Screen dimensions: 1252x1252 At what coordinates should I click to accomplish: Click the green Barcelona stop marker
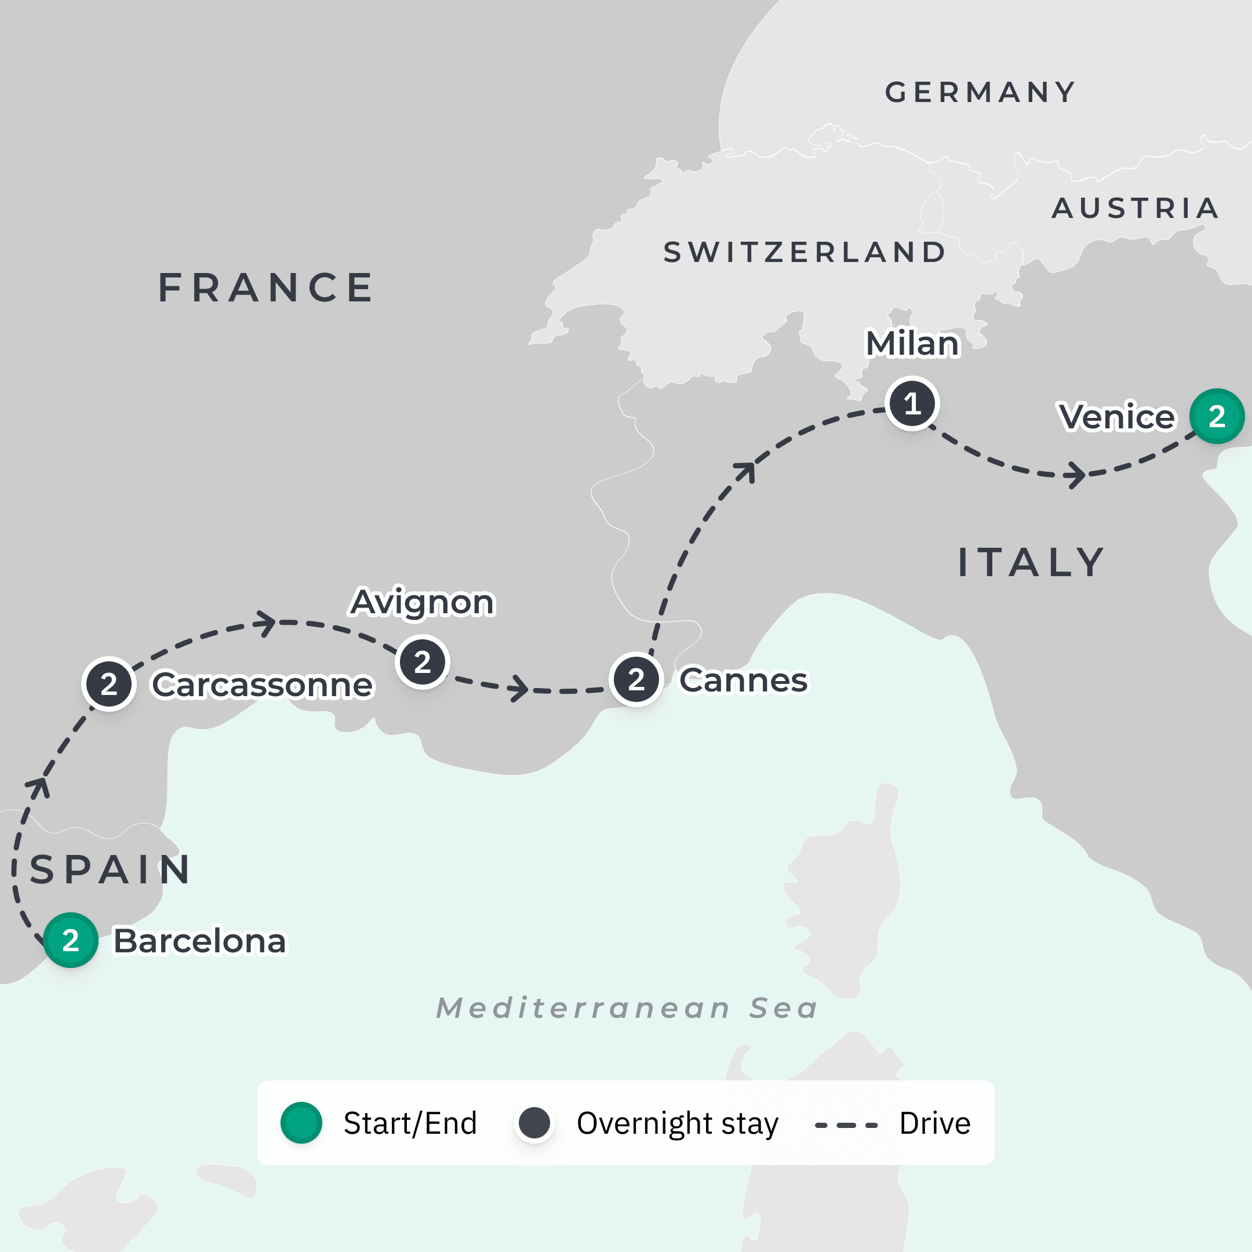(x=71, y=940)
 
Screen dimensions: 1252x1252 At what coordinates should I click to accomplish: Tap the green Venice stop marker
(x=1217, y=416)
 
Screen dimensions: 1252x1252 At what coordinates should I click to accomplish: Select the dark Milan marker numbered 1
(x=912, y=403)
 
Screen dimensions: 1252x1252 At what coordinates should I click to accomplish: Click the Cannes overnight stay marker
(x=636, y=679)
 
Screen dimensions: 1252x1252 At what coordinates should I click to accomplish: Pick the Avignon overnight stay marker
(x=422, y=661)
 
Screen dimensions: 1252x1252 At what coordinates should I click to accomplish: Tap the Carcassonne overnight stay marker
(x=109, y=684)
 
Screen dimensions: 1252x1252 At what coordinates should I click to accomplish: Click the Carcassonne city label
(x=263, y=685)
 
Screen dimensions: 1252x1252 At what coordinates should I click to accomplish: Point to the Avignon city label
(x=422, y=602)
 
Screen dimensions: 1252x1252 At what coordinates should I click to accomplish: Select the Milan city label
(x=912, y=344)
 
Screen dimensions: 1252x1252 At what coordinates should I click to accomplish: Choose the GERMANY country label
(x=980, y=93)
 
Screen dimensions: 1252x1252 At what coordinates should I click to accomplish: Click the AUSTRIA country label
(x=1135, y=208)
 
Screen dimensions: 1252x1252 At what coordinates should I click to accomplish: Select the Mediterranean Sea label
(x=627, y=1008)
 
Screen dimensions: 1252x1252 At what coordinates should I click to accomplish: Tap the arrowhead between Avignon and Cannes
(x=519, y=687)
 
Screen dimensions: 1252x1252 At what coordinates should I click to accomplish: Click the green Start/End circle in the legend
(x=301, y=1122)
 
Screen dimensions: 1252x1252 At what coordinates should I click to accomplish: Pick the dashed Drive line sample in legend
(x=846, y=1125)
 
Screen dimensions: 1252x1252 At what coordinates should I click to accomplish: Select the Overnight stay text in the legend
(x=677, y=1124)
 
